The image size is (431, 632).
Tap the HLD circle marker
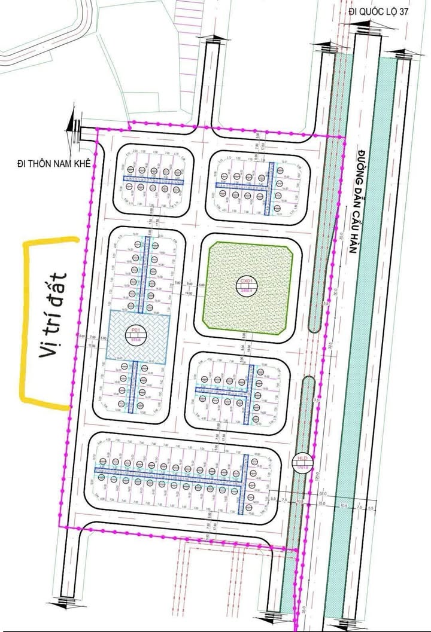click(301, 462)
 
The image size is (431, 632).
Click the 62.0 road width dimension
click(322, 493)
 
